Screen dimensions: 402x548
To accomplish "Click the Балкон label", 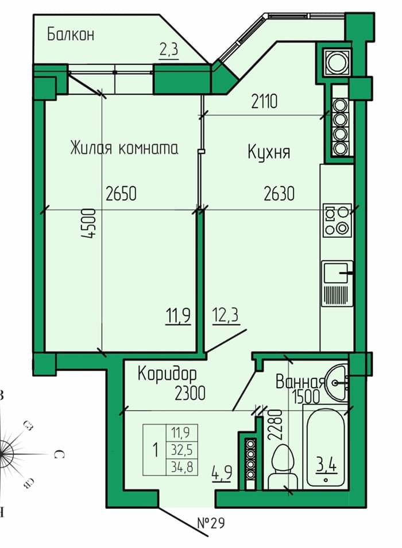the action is [x=71, y=34].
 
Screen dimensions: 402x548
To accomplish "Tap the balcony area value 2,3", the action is [x=169, y=49].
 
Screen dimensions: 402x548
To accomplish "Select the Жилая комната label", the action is [x=124, y=148].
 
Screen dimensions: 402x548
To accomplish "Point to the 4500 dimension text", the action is [x=88, y=223].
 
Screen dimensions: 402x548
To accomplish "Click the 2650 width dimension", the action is [x=121, y=194].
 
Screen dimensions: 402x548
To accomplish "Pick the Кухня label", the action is [x=269, y=152].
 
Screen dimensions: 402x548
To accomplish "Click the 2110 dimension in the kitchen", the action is [x=264, y=101].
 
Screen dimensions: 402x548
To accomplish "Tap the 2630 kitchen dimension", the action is [x=279, y=194].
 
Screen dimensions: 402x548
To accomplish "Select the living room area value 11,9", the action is [x=178, y=316].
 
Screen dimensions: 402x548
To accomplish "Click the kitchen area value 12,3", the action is [x=225, y=315].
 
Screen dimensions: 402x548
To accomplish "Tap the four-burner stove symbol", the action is [x=337, y=221].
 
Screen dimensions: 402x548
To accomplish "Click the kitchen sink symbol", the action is [x=337, y=283].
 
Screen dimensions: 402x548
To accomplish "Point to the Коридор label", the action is [x=167, y=374].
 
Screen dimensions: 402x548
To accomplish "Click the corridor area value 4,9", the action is [x=222, y=473].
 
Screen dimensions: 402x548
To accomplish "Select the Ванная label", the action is [x=300, y=381].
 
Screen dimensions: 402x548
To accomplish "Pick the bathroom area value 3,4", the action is [x=327, y=466].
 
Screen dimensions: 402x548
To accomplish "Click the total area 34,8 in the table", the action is [x=181, y=466].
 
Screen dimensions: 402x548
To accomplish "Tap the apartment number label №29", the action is [x=211, y=523].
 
